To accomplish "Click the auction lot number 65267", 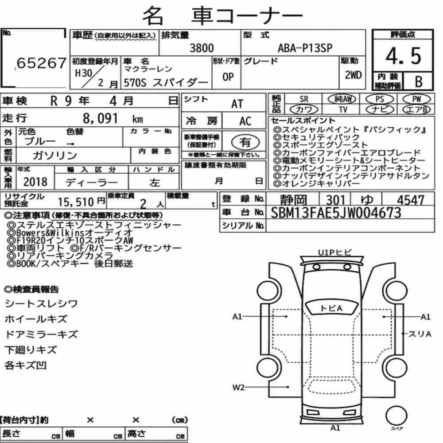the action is pos(42,63).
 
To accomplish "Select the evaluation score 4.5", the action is pos(403,56).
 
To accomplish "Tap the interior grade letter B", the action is pos(419,82).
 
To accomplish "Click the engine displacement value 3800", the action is pos(202,48).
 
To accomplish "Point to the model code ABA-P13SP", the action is pos(305,48).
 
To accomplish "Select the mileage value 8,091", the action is pos(100,118).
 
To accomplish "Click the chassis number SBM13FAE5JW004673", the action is pos(336,213).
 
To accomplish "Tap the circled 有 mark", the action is pos(245,142).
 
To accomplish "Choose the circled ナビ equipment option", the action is pos(380,109).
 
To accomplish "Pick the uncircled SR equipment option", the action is pos(304,99).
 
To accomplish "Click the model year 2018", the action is pos(35,182).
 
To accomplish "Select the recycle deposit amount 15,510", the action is pos(76,202).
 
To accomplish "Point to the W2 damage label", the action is pos(238,387).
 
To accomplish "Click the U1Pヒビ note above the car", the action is pos(335,253).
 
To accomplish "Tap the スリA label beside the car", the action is pos(420,334).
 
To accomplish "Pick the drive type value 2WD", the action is pos(353,75).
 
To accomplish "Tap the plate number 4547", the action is pos(411,200).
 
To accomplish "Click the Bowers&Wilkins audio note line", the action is pos(70,233).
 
